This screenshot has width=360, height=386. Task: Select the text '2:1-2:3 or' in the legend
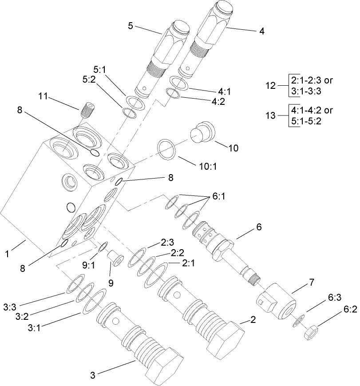[311, 80]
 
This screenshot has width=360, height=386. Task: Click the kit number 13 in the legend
[270, 115]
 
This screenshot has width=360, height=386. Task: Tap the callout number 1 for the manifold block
[7, 254]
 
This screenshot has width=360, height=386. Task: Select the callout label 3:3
[9, 307]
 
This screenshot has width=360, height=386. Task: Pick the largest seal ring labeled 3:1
[95, 301]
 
